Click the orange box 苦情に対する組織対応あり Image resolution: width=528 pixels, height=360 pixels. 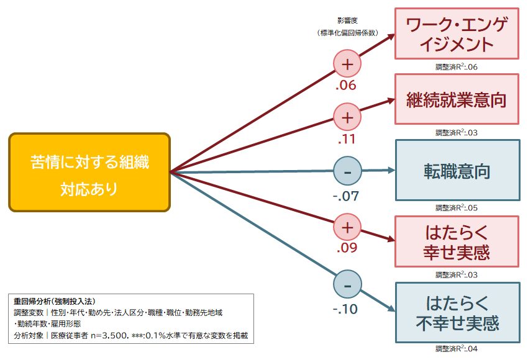coord(89,172)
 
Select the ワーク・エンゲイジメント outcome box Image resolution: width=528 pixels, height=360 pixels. coord(457,34)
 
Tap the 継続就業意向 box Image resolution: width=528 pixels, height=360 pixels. coord(457,99)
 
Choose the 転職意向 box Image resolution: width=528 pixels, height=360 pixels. coord(457,171)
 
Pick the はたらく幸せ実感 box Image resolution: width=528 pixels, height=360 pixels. coord(457,242)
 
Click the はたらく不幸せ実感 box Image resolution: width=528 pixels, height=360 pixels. coord(457,313)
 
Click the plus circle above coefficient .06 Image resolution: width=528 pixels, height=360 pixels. coord(347,64)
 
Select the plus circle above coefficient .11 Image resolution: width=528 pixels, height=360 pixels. coord(347,117)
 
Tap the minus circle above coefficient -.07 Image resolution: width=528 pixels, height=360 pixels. coord(347,171)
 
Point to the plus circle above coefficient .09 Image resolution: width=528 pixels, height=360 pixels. coord(347,228)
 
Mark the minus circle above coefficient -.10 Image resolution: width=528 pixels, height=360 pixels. coord(347,285)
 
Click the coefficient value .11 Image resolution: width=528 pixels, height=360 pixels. coord(345,139)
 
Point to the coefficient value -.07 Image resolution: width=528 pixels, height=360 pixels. coord(346,197)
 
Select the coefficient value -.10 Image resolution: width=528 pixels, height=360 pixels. coord(345,309)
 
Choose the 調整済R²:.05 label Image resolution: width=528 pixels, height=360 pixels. coord(457,208)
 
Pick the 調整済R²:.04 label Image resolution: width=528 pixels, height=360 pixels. coord(457,349)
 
